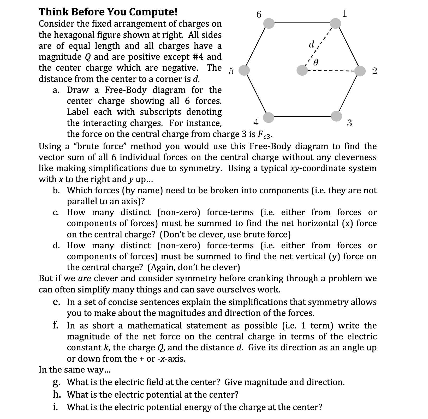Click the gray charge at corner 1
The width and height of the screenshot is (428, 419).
pos(335,23)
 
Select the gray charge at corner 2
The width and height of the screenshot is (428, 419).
pos(360,71)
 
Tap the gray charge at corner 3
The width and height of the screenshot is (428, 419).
pos(336,116)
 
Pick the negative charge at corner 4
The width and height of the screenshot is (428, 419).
pos(269,117)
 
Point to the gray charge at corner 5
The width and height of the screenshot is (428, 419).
pos(244,70)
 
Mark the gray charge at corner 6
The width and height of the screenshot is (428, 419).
pos(269,23)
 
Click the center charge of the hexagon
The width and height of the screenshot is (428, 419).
pos(302,70)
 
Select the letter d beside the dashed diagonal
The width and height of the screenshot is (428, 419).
pos(311,45)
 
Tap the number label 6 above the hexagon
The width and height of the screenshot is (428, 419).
pos(259,14)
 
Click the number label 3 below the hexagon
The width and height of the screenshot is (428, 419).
pos(349,123)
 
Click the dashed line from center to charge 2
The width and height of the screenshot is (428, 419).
pos(331,71)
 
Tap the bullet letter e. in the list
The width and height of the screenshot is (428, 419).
pos(57,302)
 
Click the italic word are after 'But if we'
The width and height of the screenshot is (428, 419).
pos(84,278)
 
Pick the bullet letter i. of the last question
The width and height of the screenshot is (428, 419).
pos(56,407)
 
